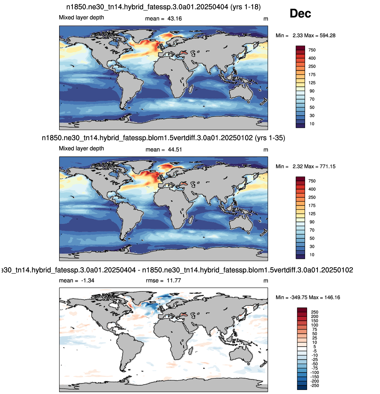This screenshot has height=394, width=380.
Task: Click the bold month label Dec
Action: coord(300,13)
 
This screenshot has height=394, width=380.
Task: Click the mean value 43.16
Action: coord(174,18)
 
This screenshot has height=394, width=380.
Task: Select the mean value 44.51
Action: coord(175,150)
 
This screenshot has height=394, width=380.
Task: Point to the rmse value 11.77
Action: coord(174,280)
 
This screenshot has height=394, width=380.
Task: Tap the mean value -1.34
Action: coord(87,280)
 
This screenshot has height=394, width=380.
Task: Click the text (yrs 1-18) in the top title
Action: coord(245,7)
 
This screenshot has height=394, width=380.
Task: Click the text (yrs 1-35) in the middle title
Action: coord(270,138)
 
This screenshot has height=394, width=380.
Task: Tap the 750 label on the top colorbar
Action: coord(312,50)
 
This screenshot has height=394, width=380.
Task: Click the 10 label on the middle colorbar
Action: coord(312,254)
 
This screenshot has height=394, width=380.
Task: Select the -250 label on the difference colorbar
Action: coord(314,386)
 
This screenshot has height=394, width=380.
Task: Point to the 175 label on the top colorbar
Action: coord(312,75)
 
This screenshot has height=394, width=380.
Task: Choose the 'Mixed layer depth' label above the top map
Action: coord(81,17)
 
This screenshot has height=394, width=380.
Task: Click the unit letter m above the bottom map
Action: coord(266,281)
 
